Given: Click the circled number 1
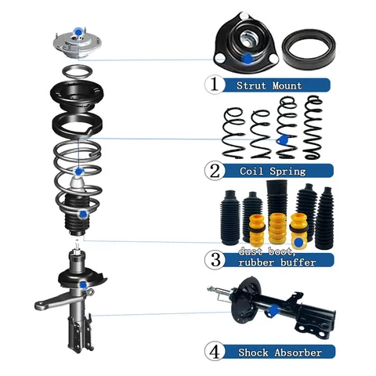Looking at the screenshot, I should (212, 84).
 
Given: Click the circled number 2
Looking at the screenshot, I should (212, 169).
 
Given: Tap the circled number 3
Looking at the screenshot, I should (212, 259).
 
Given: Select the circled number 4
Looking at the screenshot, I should (213, 352).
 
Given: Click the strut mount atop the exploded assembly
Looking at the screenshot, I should (76, 43).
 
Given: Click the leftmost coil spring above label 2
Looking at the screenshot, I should (233, 131).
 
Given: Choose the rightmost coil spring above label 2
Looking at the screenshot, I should (315, 125).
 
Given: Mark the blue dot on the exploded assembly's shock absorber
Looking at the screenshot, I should (82, 284).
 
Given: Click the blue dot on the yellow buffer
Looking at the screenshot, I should (298, 241).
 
